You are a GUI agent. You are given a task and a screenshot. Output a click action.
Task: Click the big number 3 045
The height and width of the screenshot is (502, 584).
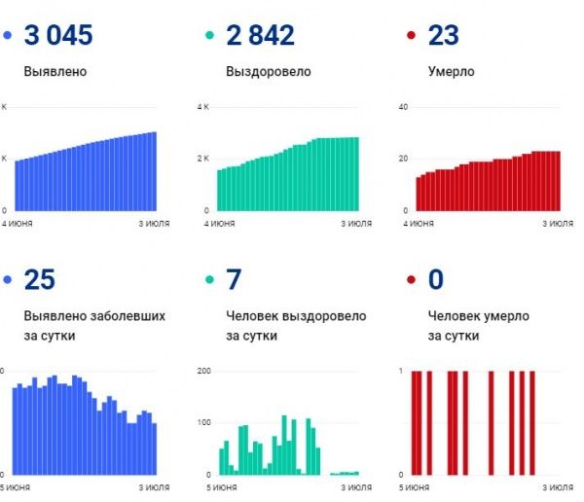(x=59, y=36)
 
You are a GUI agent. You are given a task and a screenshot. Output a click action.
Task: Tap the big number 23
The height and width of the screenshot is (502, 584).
(x=443, y=36)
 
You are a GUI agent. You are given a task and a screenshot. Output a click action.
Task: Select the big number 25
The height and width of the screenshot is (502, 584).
(x=40, y=280)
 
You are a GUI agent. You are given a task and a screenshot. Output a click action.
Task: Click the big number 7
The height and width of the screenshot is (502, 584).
(x=233, y=280)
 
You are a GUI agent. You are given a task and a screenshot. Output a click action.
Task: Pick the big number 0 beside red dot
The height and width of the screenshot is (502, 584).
(x=435, y=280)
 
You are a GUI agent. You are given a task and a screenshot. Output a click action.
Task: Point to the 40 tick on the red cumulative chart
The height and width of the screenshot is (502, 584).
(x=403, y=106)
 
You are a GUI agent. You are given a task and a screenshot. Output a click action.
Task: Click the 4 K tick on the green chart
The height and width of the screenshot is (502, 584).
(x=203, y=106)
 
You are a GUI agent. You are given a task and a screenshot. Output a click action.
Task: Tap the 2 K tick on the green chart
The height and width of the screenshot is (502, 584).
(x=203, y=159)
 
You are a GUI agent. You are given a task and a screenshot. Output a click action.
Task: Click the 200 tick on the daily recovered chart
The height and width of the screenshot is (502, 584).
(x=204, y=372)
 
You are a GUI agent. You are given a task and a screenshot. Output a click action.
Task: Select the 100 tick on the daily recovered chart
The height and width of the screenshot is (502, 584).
(x=204, y=423)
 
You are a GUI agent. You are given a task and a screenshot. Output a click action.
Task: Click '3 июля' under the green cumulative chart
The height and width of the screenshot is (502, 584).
(x=355, y=223)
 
